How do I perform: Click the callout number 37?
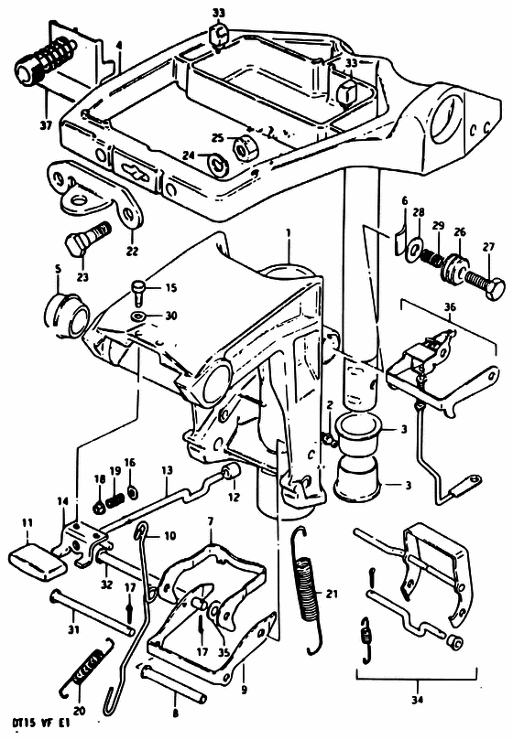coord(46,127)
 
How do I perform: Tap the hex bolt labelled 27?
coord(486,283)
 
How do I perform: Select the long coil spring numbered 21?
coord(310,590)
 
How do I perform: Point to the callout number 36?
coord(450,307)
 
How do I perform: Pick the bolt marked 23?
coord(87,239)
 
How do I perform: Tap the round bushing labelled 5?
coord(67,316)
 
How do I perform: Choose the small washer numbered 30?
coord(139,315)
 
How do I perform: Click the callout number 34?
coord(416,701)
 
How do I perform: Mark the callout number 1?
coord(289,233)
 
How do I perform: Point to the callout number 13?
coord(167,470)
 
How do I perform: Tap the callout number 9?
coord(244,690)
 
